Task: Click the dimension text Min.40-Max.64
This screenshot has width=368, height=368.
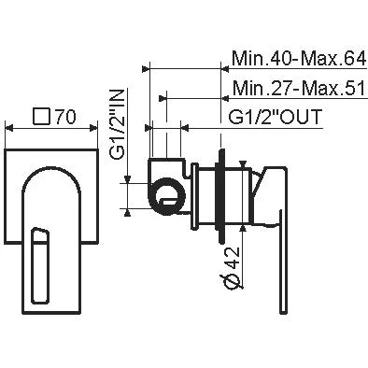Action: point(299,59)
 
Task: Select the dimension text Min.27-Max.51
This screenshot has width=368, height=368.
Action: point(299,89)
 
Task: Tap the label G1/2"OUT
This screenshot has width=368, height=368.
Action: point(276,118)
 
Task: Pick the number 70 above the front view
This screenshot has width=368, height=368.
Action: point(65,117)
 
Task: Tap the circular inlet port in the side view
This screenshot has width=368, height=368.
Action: point(168,197)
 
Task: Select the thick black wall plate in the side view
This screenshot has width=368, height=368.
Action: point(221,196)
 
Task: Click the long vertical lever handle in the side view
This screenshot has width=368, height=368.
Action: point(283,261)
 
